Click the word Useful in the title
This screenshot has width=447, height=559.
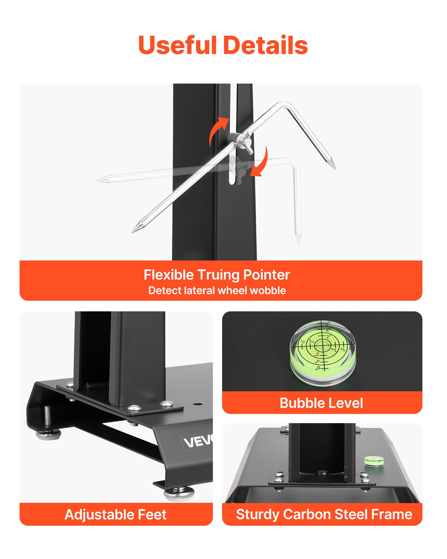pos(178,45)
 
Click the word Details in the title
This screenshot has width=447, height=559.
pos(266,45)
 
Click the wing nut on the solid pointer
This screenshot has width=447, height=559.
pos(247,144)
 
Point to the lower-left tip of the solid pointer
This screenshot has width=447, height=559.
pos(132,232)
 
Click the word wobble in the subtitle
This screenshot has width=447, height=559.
pos(268,290)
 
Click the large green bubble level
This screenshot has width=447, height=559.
pos(323,353)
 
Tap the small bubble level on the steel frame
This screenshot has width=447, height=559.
pos(374,461)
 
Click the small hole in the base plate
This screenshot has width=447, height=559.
pos(198,404)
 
